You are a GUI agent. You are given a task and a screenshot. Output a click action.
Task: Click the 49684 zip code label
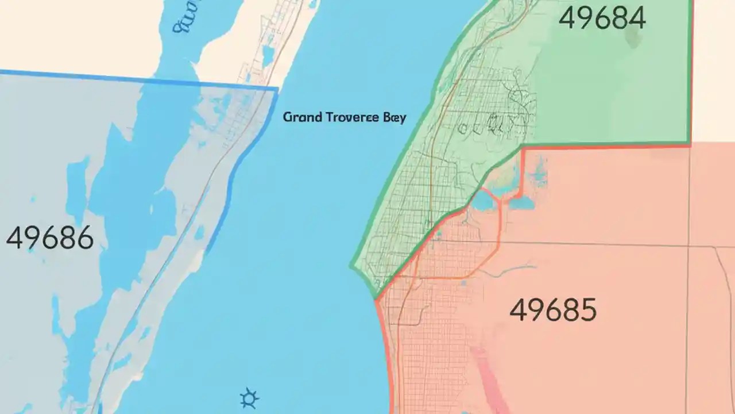[x=602, y=18]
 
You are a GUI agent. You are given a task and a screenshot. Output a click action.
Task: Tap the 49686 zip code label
[x=49, y=238]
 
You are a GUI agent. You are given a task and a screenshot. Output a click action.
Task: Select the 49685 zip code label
[x=553, y=311]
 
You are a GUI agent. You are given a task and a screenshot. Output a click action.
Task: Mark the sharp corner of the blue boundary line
[x=277, y=89]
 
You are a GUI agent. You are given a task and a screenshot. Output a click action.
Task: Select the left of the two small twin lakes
[x=484, y=201]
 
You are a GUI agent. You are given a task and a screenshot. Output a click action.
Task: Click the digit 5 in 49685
[x=586, y=311]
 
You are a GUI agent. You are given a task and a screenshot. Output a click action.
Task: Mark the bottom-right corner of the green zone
[x=689, y=141]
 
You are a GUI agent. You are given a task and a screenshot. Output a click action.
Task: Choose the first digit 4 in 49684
[x=567, y=18]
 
